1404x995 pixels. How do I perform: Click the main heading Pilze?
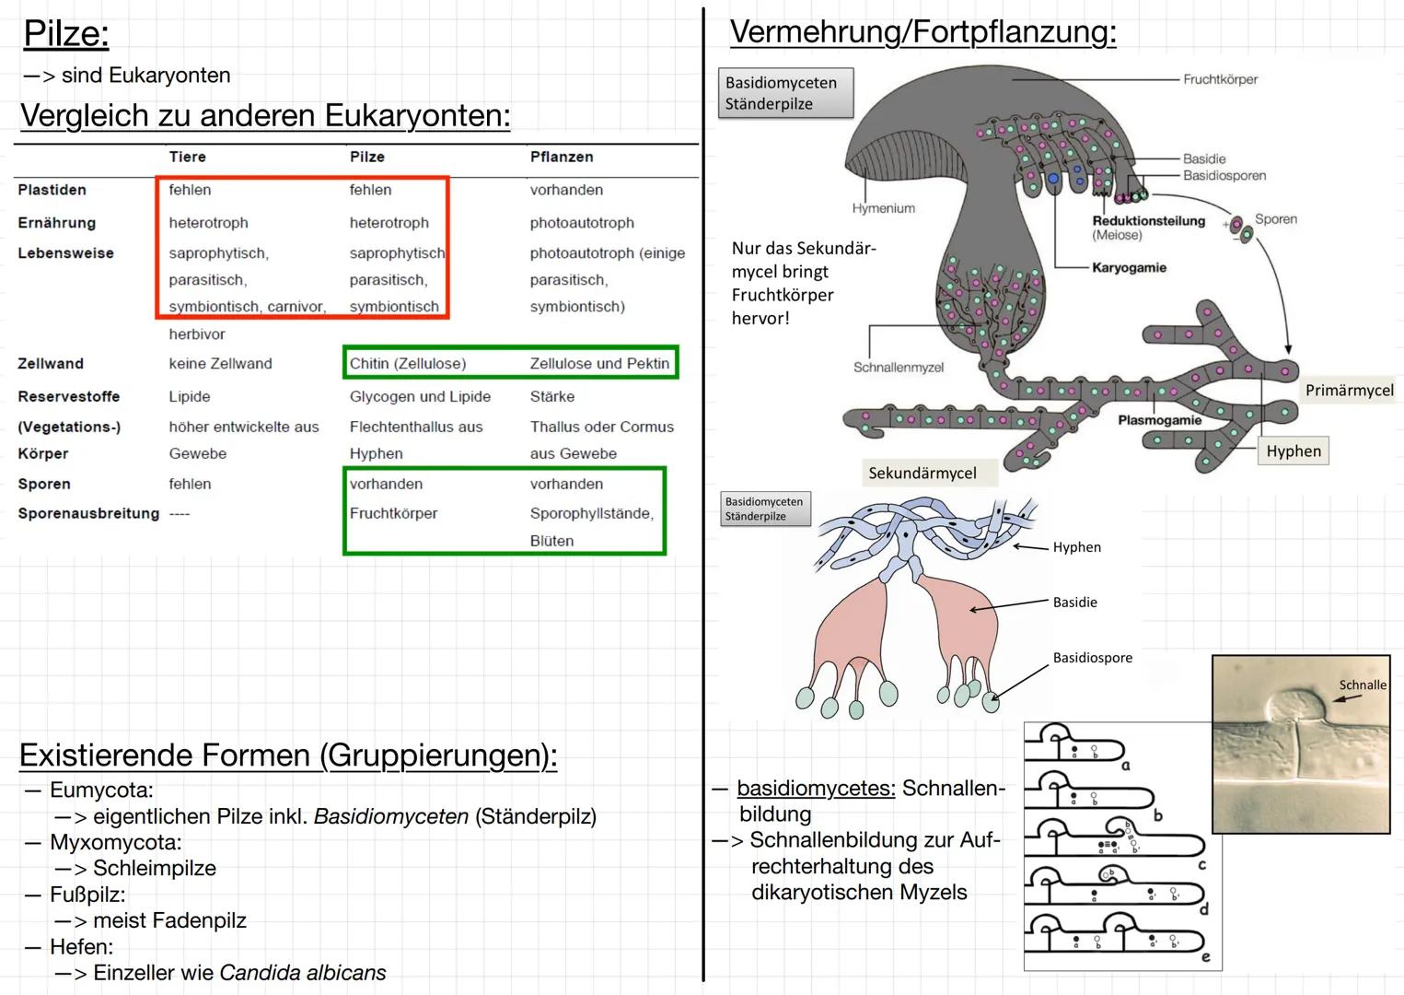pyautogui.click(x=65, y=34)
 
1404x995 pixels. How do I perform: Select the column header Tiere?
pyautogui.click(x=187, y=157)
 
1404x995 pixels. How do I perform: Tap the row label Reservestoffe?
pyautogui.click(x=68, y=396)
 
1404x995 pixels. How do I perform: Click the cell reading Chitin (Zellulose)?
pyautogui.click(x=407, y=364)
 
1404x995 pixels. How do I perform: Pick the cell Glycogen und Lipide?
pyautogui.click(x=420, y=396)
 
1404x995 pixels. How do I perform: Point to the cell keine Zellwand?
pyautogui.click(x=220, y=364)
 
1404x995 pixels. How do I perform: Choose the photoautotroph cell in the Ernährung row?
pyautogui.click(x=581, y=223)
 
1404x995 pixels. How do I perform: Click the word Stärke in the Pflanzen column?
pyautogui.click(x=551, y=396)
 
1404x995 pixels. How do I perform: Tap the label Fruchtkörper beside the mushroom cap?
pyautogui.click(x=1220, y=80)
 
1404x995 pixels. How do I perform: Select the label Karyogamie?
pyautogui.click(x=1129, y=268)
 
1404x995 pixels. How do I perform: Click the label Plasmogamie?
pyautogui.click(x=1159, y=420)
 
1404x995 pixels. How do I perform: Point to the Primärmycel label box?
pyautogui.click(x=1349, y=391)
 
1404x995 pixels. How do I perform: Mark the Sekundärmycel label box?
pyautogui.click(x=922, y=474)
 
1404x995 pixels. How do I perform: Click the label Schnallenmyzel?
pyautogui.click(x=898, y=368)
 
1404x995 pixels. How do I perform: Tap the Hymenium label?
pyautogui.click(x=883, y=209)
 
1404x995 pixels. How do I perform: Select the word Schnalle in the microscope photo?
pyautogui.click(x=1362, y=685)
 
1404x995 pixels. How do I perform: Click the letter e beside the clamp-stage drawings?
pyautogui.click(x=1205, y=957)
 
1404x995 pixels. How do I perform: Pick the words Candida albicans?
pyautogui.click(x=302, y=973)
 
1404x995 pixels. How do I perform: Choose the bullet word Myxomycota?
pyautogui.click(x=115, y=842)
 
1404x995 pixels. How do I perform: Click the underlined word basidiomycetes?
pyautogui.click(x=816, y=789)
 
